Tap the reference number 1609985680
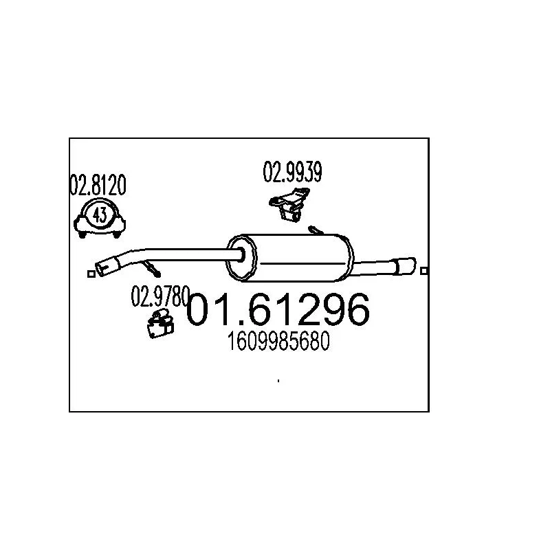pos(278,341)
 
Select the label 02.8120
pos(98,185)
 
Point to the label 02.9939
pos(292,172)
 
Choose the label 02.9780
pos(160,296)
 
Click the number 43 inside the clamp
pos(100,215)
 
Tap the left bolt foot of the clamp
pos(82,234)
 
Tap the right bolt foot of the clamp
pos(116,234)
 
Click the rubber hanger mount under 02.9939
pos(289,204)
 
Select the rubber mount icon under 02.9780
pos(160,324)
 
